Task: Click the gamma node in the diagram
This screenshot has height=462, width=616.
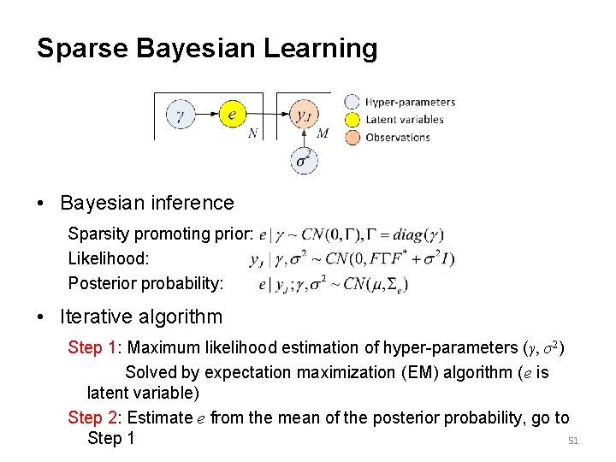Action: click(x=181, y=115)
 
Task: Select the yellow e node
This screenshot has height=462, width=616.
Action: click(x=233, y=114)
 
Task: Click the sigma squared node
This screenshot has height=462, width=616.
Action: click(x=304, y=160)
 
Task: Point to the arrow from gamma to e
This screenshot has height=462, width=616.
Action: click(x=206, y=115)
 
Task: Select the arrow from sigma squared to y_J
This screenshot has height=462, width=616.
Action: click(x=304, y=138)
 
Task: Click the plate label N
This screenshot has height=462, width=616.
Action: click(x=252, y=133)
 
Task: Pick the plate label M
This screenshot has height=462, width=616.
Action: click(x=323, y=133)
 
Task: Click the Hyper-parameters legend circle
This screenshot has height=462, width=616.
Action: click(x=352, y=102)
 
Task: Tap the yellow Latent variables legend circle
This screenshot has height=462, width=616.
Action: click(x=352, y=120)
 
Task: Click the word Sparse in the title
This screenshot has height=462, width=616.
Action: click(x=76, y=48)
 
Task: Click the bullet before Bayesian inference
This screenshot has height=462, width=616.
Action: click(x=41, y=204)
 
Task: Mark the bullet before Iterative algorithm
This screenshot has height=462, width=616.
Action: click(x=41, y=317)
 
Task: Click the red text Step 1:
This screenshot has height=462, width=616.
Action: click(x=95, y=347)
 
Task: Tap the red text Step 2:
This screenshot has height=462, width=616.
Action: click(x=95, y=418)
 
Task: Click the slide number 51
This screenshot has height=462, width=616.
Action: click(x=574, y=441)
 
